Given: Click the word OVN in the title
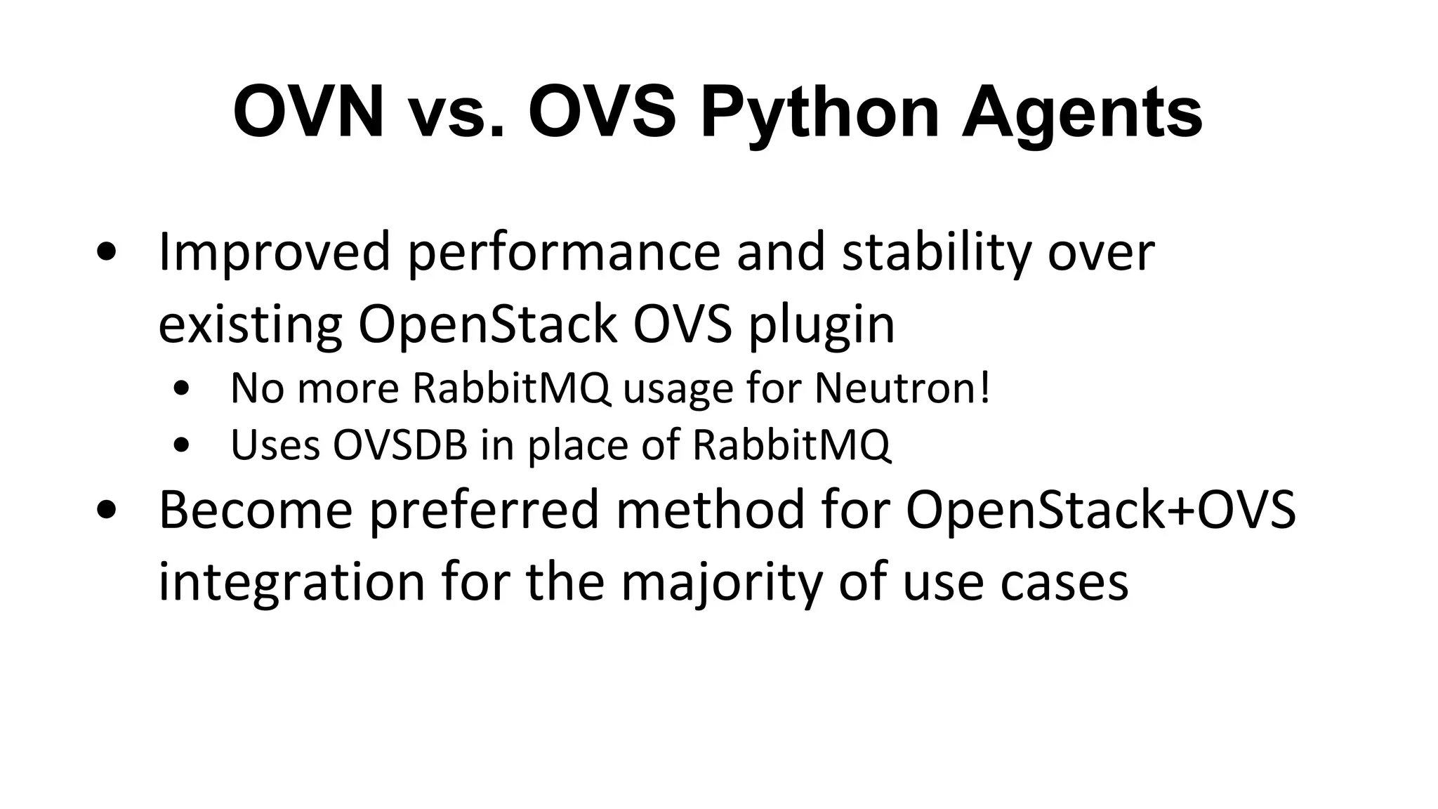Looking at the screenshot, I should pyautogui.click(x=308, y=112).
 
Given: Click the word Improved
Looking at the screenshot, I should pyautogui.click(x=274, y=253).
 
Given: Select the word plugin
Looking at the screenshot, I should pyautogui.click(x=821, y=326).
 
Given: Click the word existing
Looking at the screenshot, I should pyautogui.click(x=250, y=326).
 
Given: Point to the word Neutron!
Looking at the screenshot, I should pyautogui.click(x=903, y=388).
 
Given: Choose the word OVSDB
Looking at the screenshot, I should pyautogui.click(x=400, y=445).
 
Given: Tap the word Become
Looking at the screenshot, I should pyautogui.click(x=256, y=510).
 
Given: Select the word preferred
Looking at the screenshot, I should pyautogui.click(x=485, y=510).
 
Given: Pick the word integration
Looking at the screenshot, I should pyautogui.click(x=291, y=583).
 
